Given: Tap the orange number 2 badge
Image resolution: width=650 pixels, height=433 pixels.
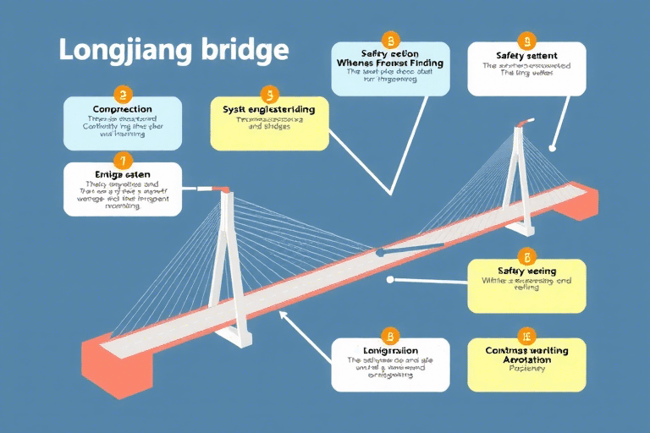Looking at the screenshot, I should (124, 96).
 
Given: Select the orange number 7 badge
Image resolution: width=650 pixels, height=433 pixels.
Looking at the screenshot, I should (123, 160).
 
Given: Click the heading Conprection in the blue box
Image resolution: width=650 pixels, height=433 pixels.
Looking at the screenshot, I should (124, 109).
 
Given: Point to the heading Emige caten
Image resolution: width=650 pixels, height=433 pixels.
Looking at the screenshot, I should (123, 173).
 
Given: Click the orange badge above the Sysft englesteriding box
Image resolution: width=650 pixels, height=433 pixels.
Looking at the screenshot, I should (270, 95).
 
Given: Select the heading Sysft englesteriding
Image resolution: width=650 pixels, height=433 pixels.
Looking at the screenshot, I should (269, 109).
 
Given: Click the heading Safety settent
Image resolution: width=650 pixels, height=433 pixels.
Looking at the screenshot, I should (526, 56).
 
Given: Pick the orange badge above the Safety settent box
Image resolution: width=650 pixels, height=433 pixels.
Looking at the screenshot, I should (526, 40).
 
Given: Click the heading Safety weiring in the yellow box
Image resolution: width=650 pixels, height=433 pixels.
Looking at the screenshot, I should (526, 271).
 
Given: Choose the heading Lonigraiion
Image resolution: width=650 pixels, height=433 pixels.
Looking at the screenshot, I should (389, 349).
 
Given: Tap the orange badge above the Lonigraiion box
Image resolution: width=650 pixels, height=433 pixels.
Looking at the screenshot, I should (389, 335).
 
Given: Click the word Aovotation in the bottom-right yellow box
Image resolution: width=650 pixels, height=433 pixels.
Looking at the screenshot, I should (526, 359).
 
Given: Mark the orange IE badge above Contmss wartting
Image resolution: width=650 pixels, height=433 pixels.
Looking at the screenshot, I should (526, 335).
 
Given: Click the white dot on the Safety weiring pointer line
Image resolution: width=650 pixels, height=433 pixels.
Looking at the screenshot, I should (388, 279).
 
